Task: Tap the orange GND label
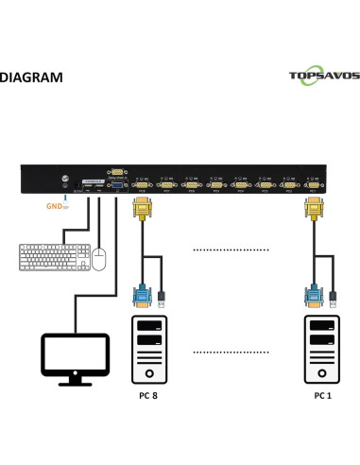coord(55,203)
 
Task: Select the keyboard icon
coord(53,257)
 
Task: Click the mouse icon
coord(98,258)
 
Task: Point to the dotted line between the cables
coord(227,250)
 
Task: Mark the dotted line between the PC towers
coord(227,352)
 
